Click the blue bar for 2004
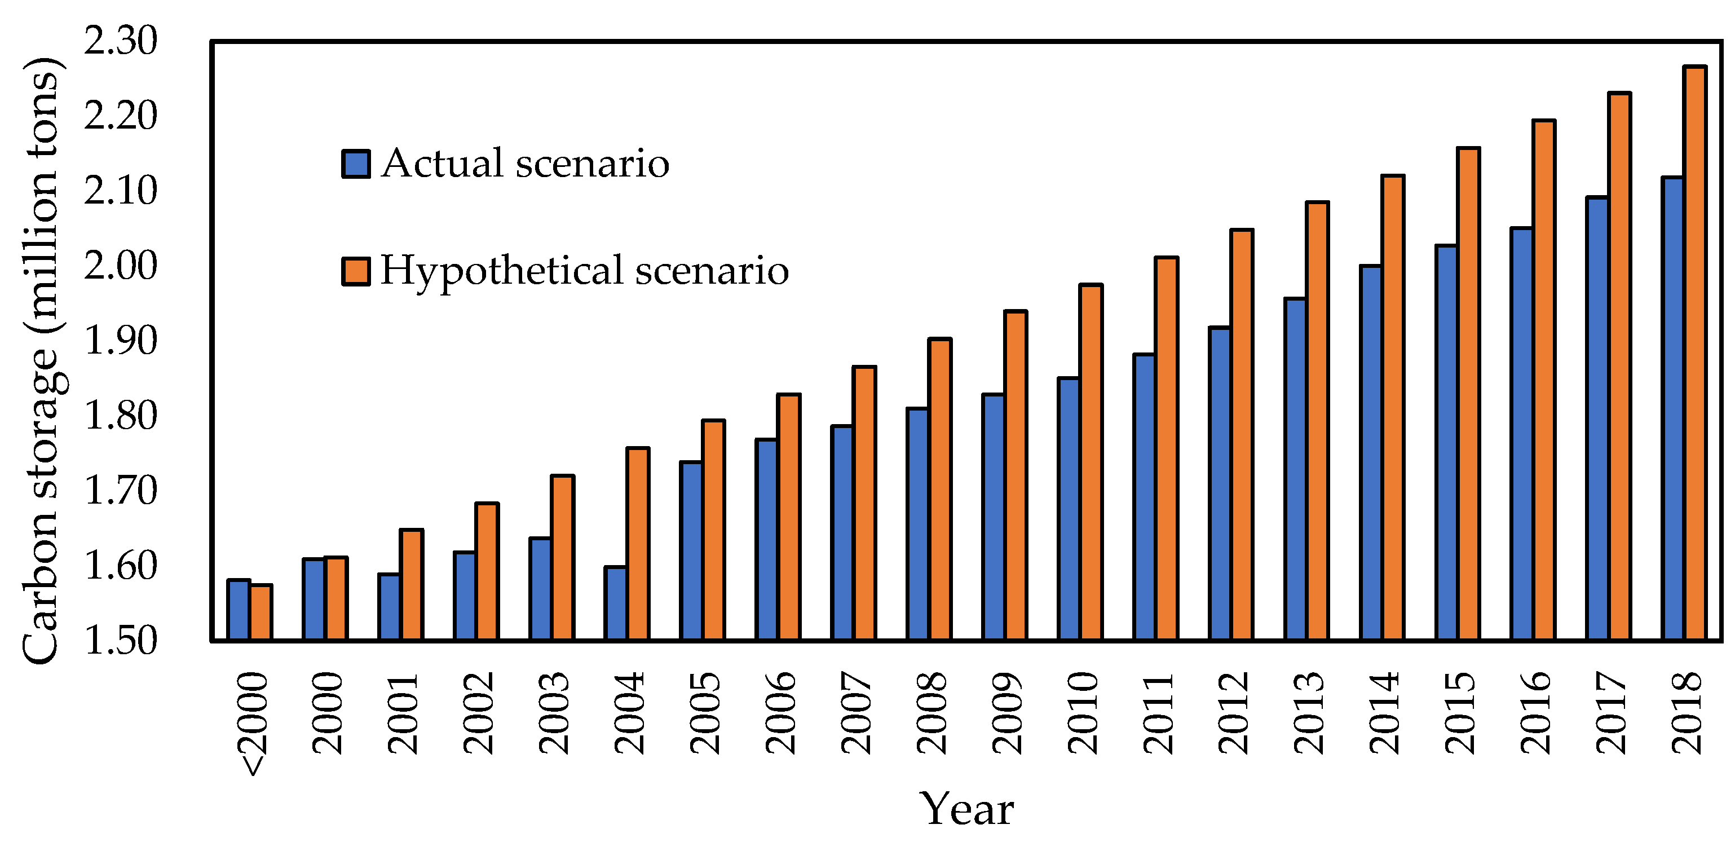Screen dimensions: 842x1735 click(x=616, y=603)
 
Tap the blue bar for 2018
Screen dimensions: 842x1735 click(x=1672, y=408)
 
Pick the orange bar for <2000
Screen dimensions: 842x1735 click(x=261, y=612)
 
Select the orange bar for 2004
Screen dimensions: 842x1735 click(x=638, y=544)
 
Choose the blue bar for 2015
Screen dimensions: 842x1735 click(x=1446, y=443)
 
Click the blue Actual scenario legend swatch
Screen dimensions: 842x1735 click(x=356, y=164)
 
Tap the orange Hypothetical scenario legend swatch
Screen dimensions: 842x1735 click(x=356, y=271)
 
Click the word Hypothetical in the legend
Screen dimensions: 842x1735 click(x=502, y=271)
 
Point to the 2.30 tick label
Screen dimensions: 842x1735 click(x=120, y=41)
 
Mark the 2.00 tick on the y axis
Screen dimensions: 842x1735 click(x=120, y=266)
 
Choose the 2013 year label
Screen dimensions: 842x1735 click(x=1309, y=713)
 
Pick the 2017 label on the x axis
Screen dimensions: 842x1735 click(x=1611, y=713)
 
